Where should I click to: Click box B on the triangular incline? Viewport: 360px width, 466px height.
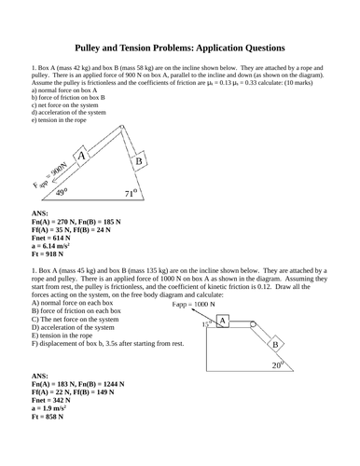138,162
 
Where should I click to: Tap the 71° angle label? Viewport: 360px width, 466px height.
132,194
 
